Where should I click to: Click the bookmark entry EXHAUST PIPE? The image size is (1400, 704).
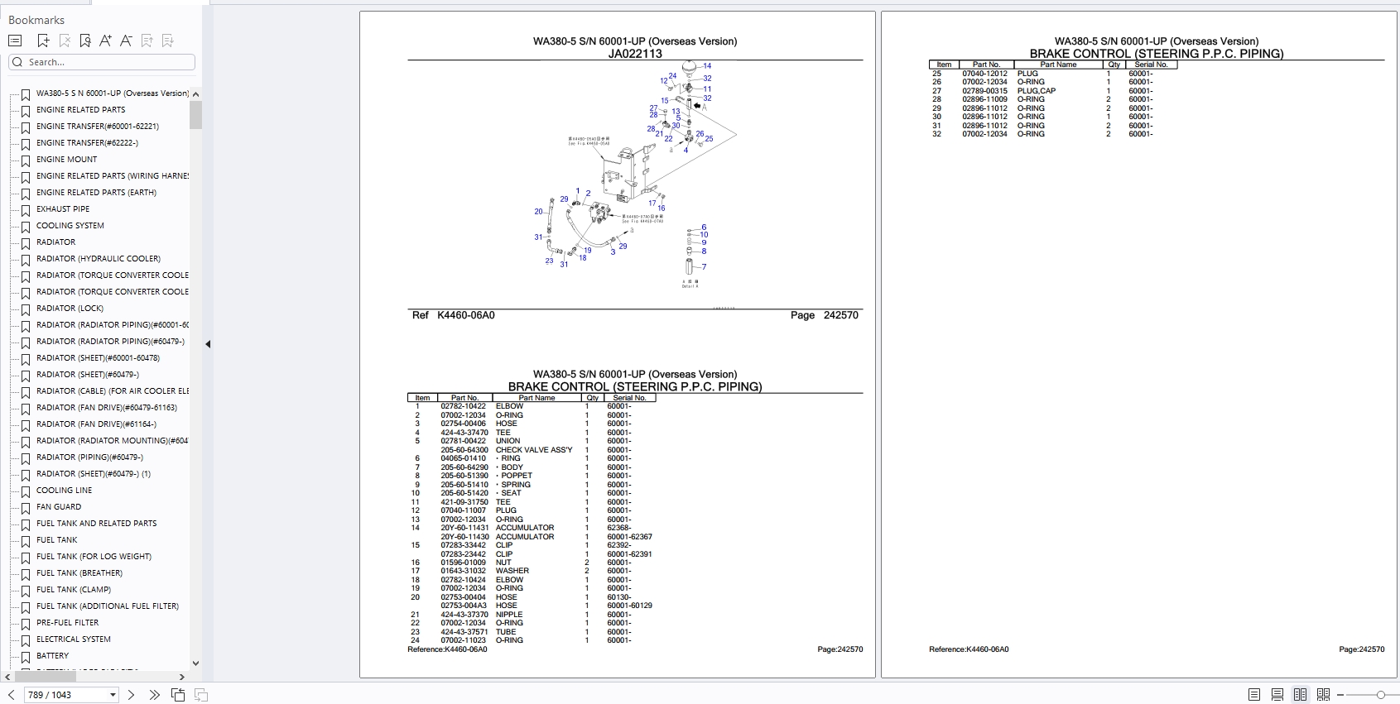63,209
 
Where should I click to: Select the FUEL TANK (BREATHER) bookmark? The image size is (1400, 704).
79,573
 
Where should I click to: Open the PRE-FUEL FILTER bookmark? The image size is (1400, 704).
67,623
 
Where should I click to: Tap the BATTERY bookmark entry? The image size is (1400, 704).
52,656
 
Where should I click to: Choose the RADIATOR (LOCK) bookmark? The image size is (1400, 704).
70,309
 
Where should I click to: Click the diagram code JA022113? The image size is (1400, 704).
635,54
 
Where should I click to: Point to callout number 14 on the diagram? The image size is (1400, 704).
707,66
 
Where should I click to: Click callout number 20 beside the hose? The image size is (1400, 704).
538,212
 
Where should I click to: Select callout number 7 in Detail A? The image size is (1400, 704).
704,267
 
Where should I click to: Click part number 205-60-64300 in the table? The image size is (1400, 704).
464,450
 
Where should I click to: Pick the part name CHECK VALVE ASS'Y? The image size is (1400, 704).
534,450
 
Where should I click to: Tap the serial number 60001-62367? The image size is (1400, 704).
629,537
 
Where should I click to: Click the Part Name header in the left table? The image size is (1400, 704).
536,398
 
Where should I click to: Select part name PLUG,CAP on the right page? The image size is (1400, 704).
1037,91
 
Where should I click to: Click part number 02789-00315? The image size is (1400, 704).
984,91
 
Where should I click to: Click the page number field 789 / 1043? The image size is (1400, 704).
70,695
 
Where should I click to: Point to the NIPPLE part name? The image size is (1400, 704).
509,615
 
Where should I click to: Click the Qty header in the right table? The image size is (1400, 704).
1114,65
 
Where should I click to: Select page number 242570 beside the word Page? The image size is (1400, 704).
840,315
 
